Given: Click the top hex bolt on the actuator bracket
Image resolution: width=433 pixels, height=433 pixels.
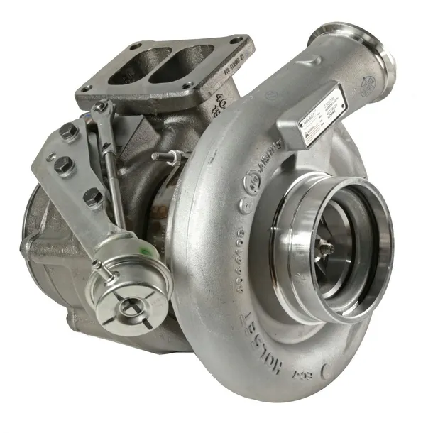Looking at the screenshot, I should (x=69, y=131).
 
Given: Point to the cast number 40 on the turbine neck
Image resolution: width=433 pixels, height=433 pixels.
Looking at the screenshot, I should (x=221, y=104).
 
